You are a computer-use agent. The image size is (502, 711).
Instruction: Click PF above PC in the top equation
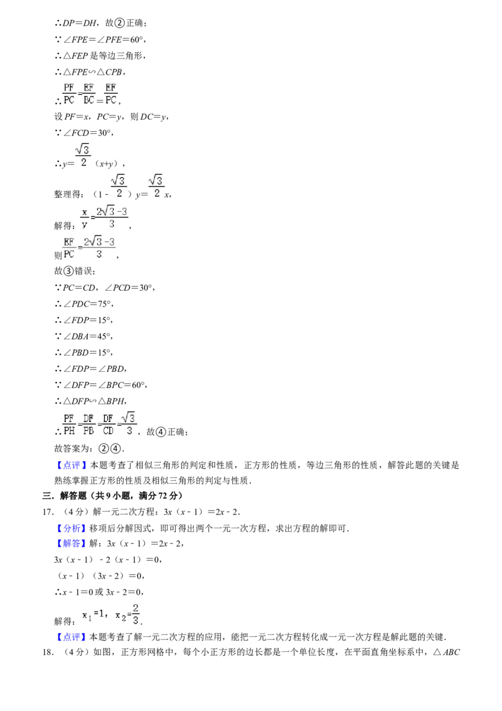click(68, 87)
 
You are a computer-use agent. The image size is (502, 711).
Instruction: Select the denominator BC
click(88, 99)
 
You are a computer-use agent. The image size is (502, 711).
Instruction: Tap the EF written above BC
click(88, 87)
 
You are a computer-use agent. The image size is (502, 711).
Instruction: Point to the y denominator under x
click(84, 224)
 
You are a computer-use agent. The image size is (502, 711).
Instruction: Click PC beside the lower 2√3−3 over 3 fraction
click(68, 254)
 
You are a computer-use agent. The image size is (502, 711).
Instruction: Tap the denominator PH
click(68, 431)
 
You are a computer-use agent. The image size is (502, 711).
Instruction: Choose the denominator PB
click(88, 431)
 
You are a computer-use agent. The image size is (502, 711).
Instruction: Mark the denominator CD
click(109, 431)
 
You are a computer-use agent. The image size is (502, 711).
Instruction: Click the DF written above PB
click(88, 418)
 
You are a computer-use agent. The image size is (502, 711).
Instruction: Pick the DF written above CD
click(109, 418)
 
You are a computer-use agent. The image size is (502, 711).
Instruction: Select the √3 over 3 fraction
click(129, 423)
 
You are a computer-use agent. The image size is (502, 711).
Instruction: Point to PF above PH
click(68, 418)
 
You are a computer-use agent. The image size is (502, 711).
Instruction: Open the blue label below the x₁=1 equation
click(70, 637)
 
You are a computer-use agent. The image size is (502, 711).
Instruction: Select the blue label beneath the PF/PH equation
click(72, 465)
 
